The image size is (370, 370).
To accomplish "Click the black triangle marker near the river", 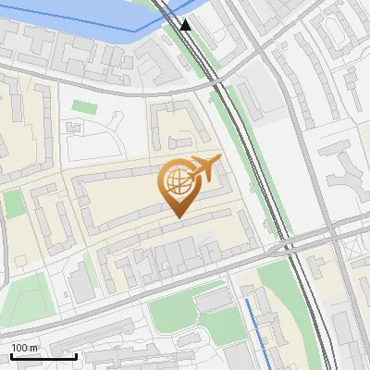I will (x=187, y=24).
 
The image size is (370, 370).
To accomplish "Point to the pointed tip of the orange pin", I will (x=177, y=216).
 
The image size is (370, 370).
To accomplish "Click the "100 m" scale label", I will (x=24, y=348).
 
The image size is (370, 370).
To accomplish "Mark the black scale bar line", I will (x=43, y=356).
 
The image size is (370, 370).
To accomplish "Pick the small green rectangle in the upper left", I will (x=84, y=107).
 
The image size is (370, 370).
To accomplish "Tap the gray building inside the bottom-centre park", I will (x=213, y=301).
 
